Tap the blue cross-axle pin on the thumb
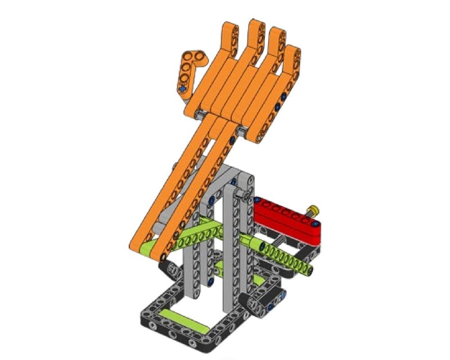[182, 89]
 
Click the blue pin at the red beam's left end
[257, 199]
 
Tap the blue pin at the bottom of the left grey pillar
[210, 282]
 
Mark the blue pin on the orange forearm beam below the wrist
[232, 141]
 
